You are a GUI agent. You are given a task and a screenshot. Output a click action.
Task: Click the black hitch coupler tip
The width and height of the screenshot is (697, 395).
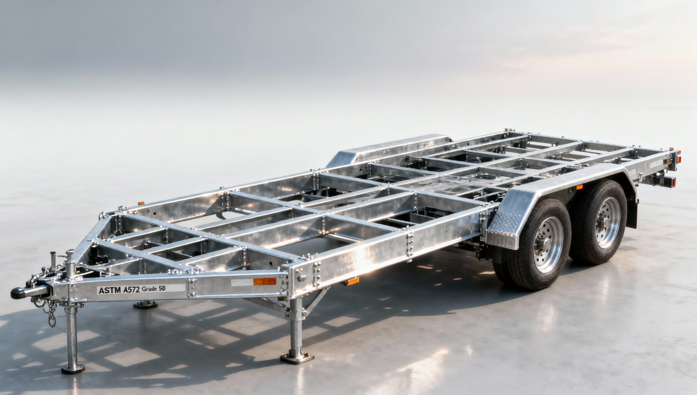tap(18, 293)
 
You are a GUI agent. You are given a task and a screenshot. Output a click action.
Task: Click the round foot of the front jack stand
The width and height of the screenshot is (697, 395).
tap(73, 369)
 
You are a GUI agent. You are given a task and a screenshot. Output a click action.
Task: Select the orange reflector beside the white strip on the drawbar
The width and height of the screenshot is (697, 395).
tap(265, 281)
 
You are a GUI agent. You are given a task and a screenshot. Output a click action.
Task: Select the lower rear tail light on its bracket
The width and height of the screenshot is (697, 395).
tap(670, 181)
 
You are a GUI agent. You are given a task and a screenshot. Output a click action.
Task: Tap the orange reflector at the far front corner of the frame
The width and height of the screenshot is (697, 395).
tap(141, 204)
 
